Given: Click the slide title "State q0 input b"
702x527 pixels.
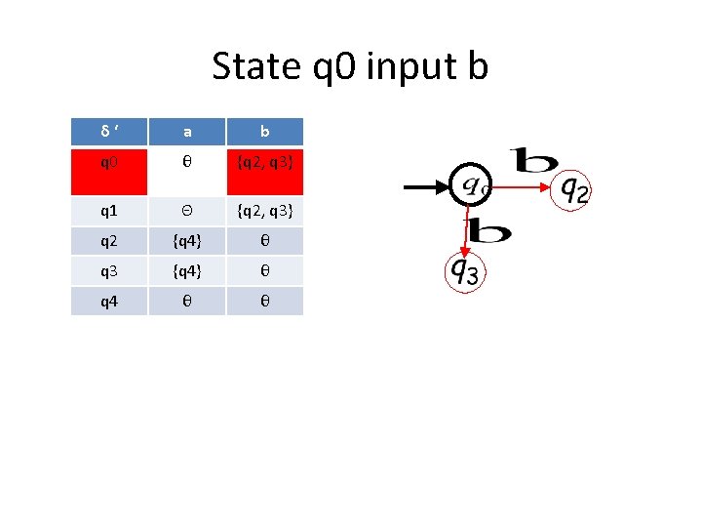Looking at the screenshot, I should tap(350, 66).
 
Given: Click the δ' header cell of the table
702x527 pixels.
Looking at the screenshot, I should tap(109, 132).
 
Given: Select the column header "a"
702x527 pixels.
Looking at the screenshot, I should tap(186, 132).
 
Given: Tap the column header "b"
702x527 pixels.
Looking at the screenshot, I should tap(264, 132).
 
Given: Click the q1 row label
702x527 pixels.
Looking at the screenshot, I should tap(109, 211).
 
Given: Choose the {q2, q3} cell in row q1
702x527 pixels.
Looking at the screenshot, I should tap(264, 211).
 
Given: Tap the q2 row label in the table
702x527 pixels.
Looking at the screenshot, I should tap(109, 241).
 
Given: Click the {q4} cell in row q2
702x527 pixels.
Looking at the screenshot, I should tap(186, 241).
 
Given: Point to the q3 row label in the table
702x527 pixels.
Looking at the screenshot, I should tap(109, 271).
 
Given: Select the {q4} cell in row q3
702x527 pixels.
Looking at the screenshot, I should tap(186, 271).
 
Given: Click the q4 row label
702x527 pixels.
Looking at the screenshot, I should tap(109, 302).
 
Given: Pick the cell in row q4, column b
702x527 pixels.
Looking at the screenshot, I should tap(264, 302).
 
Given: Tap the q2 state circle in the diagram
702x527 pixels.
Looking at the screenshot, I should tap(571, 188).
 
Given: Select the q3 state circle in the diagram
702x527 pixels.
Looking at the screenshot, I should tap(464, 272).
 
